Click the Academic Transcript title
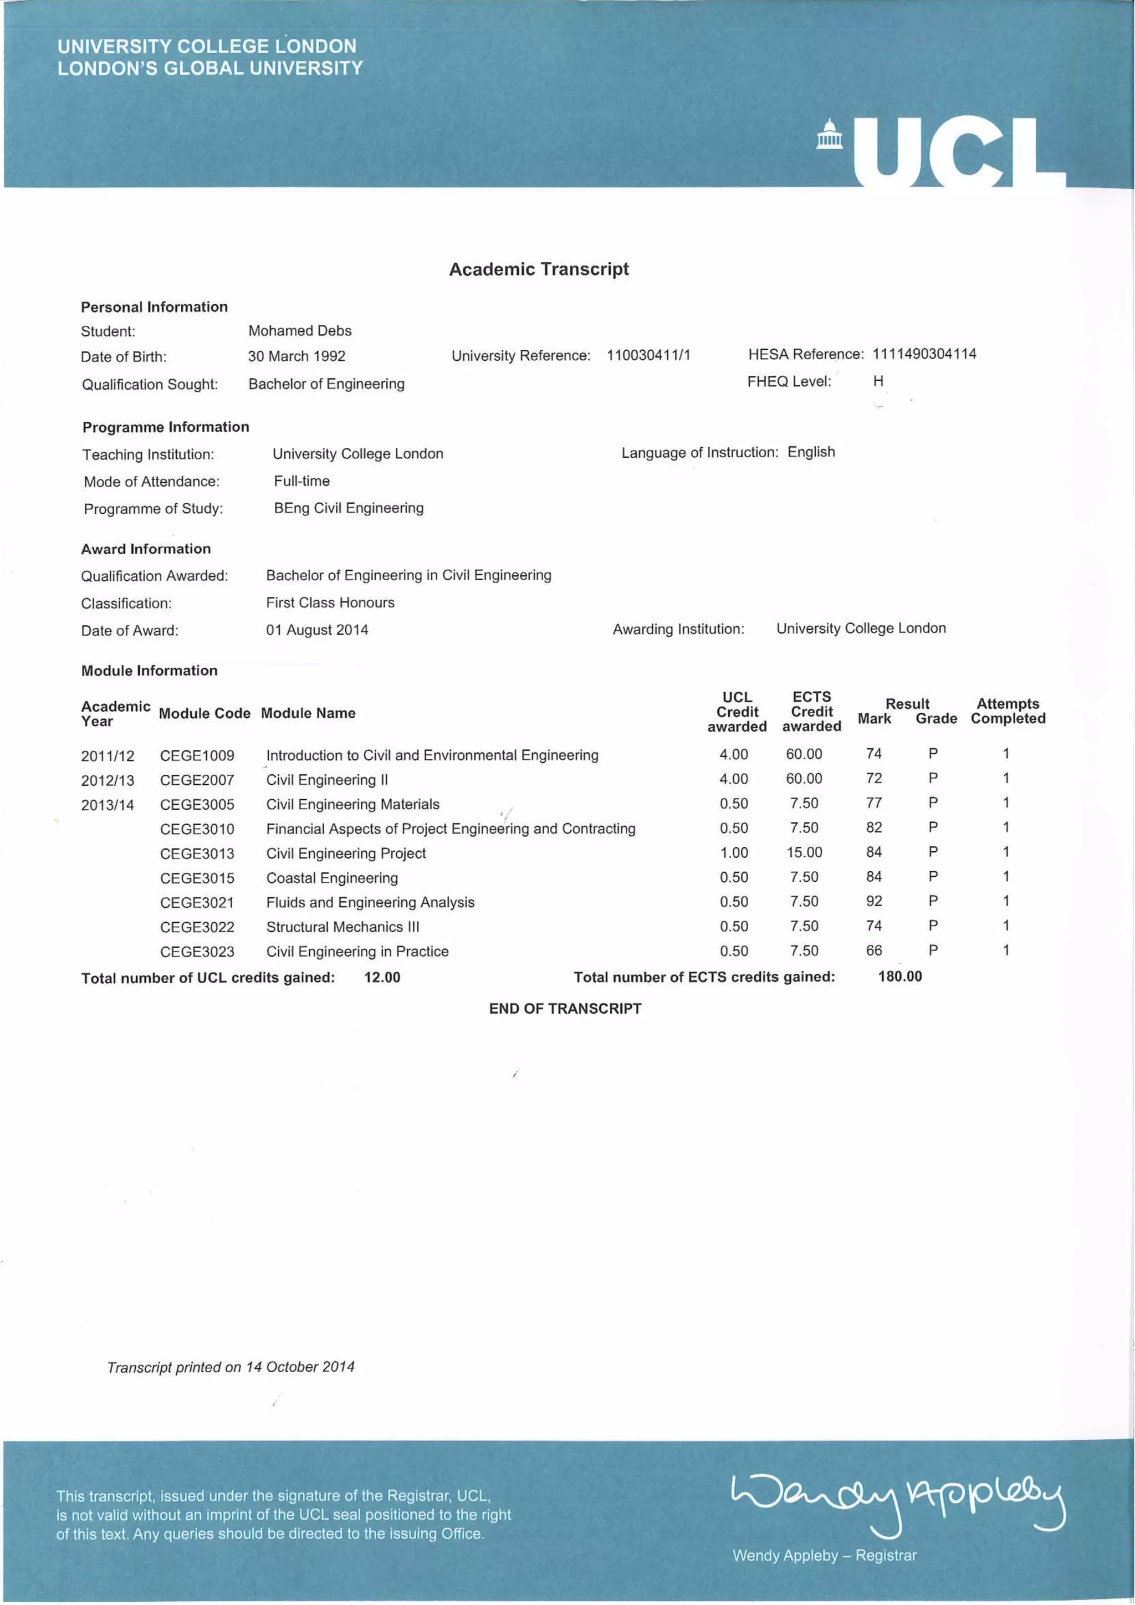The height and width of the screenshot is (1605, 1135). [538, 269]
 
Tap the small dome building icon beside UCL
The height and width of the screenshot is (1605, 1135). [829, 134]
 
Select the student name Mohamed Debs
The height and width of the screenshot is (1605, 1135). [300, 331]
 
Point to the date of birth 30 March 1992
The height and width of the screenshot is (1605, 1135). [296, 356]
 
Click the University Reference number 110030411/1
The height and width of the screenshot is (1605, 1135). [648, 355]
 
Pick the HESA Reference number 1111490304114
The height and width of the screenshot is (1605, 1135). [924, 354]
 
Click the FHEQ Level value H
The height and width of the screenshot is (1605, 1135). [878, 381]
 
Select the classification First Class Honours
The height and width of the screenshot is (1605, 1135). [330, 602]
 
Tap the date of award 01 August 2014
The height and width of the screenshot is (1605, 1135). [316, 630]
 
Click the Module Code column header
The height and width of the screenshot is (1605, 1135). [204, 713]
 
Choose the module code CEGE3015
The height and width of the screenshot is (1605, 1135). [197, 878]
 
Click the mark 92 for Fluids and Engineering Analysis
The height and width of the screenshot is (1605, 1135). [873, 901]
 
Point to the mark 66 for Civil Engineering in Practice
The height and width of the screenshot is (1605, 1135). [873, 950]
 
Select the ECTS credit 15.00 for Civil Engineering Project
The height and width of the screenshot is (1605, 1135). [804, 852]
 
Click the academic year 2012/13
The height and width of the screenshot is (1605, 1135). [108, 780]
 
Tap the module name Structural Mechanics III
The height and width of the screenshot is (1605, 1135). [342, 927]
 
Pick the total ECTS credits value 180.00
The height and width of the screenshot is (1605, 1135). [899, 977]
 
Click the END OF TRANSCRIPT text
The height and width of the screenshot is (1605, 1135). [565, 1009]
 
